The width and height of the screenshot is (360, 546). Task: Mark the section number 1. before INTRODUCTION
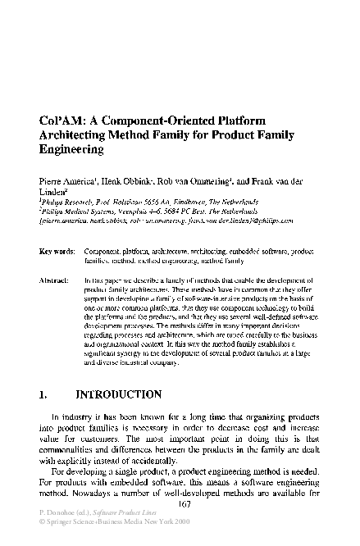click(44, 395)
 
